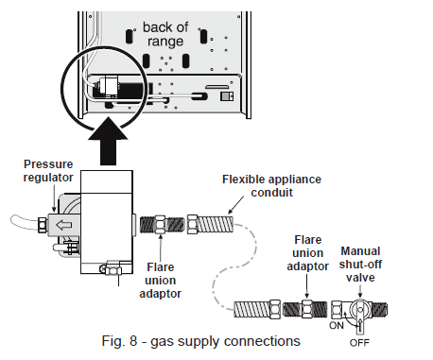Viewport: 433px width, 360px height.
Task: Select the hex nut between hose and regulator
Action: click(42, 225)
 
